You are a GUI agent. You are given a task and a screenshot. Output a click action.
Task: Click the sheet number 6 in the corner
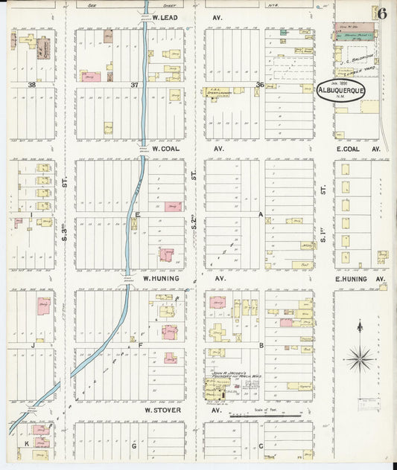click(x=381, y=12)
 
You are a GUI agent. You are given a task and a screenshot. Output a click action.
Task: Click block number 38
click(x=32, y=85)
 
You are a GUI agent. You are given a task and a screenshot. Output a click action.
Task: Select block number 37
click(x=134, y=85)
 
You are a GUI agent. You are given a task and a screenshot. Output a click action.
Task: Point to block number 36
click(x=260, y=84)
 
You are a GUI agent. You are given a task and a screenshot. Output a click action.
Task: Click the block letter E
click(x=137, y=214)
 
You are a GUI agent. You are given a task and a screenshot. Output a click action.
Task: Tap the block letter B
click(x=261, y=345)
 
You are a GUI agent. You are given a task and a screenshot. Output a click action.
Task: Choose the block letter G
click(x=134, y=446)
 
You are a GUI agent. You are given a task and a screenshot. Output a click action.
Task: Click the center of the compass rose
click(x=360, y=358)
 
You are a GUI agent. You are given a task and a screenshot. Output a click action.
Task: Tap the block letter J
click(x=33, y=345)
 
